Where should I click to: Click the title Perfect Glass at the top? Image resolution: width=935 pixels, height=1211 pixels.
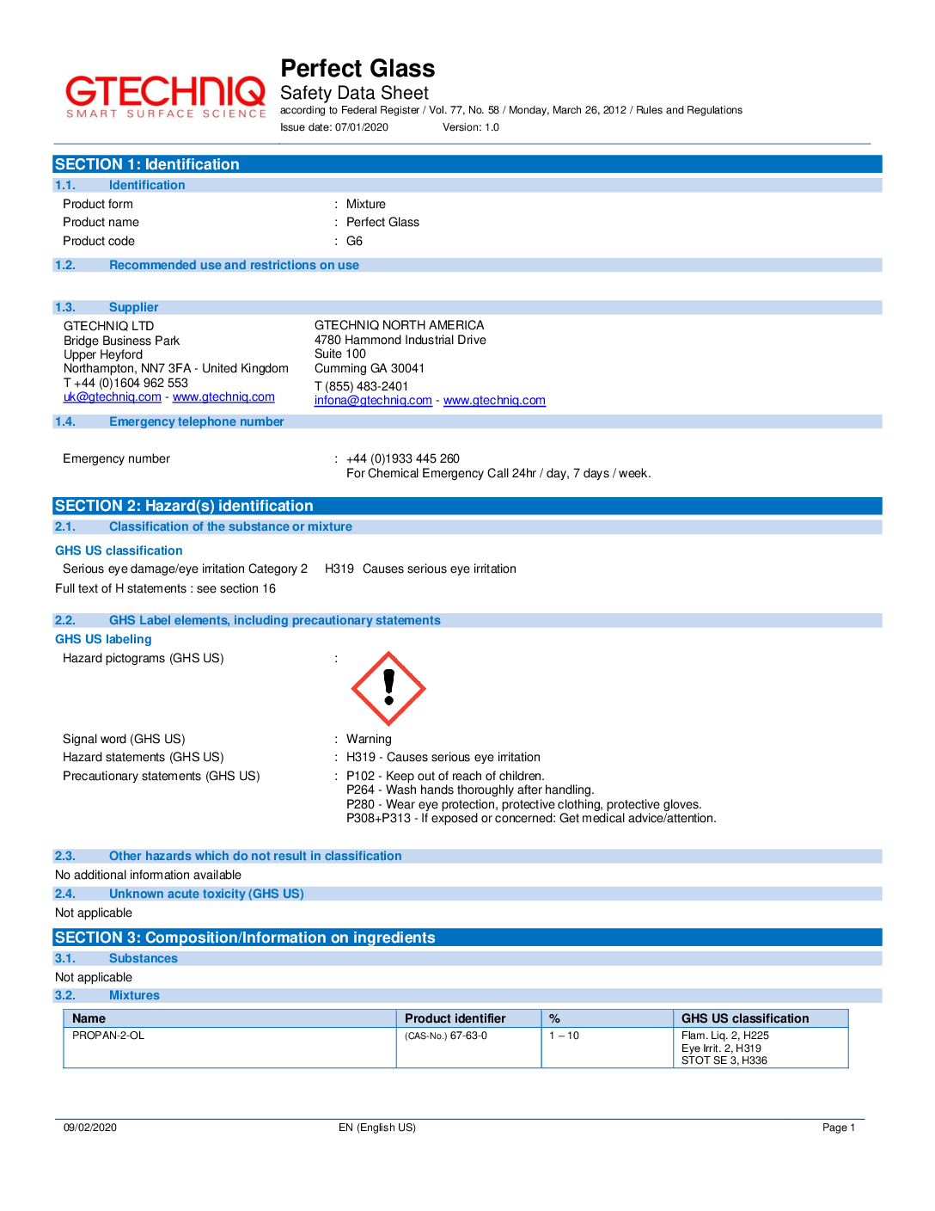pyautogui.click(x=357, y=69)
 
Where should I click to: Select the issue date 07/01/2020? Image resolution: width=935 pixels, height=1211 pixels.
pyautogui.click(x=361, y=127)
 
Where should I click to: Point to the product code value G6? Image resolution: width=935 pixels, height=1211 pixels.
pyautogui.click(x=354, y=242)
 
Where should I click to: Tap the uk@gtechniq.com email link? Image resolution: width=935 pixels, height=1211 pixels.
pyautogui.click(x=112, y=397)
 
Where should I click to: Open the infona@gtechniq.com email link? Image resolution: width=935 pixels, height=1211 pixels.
pyautogui.click(x=373, y=401)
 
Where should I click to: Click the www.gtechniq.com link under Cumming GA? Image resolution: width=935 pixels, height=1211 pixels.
pyautogui.click(x=494, y=401)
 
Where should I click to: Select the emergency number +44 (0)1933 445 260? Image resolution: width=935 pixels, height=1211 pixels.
pyautogui.click(x=402, y=459)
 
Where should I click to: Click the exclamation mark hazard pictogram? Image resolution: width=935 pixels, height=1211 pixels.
pyautogui.click(x=388, y=689)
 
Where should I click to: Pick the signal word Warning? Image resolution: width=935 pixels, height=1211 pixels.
pyautogui.click(x=369, y=739)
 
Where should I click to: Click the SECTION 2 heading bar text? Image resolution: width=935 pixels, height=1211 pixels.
pyautogui.click(x=184, y=507)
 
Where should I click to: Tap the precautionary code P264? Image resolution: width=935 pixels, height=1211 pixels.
pyautogui.click(x=360, y=790)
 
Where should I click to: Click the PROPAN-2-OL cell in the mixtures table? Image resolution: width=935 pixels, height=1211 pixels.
pyautogui.click(x=108, y=1036)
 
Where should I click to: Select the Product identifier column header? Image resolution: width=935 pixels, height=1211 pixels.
pyautogui.click(x=455, y=1018)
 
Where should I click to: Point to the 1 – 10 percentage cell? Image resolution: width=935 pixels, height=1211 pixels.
pyautogui.click(x=564, y=1036)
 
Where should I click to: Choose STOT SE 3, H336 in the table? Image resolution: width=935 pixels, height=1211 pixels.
pyautogui.click(x=724, y=1060)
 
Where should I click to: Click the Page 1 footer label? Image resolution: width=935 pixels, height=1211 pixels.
pyautogui.click(x=838, y=1128)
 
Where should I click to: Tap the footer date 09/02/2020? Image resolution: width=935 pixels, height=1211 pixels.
pyautogui.click(x=90, y=1128)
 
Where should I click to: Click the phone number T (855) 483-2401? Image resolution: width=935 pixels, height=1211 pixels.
pyautogui.click(x=361, y=386)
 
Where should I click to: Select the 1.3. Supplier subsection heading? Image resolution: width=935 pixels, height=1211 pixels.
pyautogui.click(x=133, y=308)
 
